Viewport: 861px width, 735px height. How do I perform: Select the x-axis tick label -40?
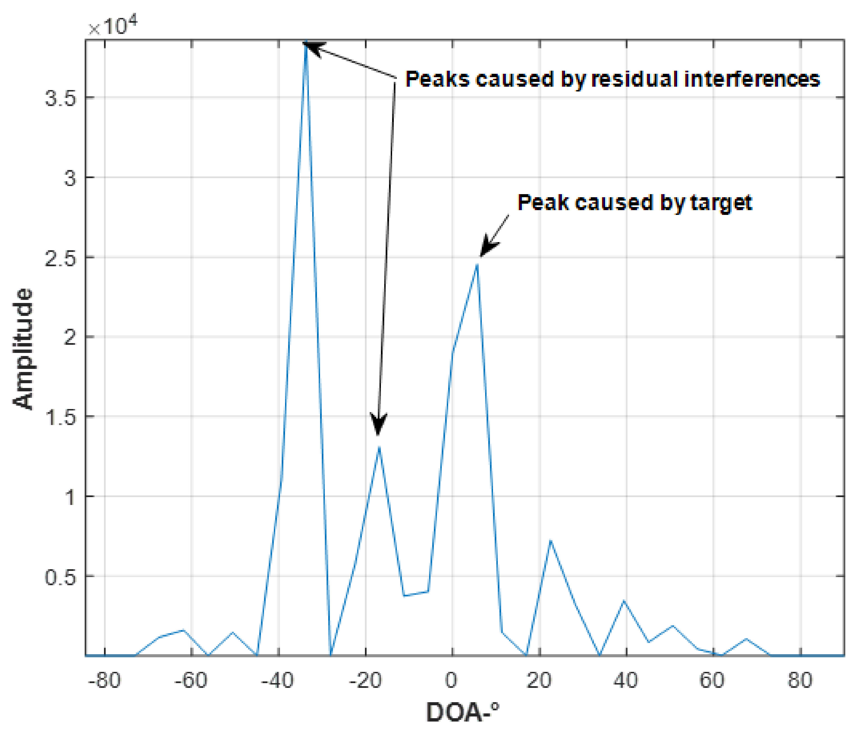278,681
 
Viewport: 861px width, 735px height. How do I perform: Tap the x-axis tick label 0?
452,681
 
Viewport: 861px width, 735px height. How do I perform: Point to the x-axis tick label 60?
712,681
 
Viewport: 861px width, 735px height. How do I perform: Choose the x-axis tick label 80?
800,681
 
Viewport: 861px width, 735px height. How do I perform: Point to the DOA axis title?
462,713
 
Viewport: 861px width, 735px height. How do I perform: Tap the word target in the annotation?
721,203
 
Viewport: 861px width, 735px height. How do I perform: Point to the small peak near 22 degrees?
550,541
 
